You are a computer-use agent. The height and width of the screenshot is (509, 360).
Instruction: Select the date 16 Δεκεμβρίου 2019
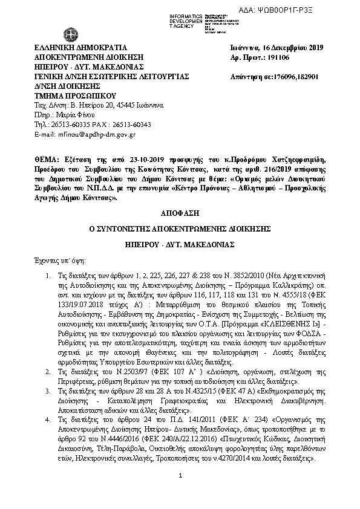click(x=290, y=47)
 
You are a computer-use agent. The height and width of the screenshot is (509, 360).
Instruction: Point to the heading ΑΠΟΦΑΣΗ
click(x=180, y=213)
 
